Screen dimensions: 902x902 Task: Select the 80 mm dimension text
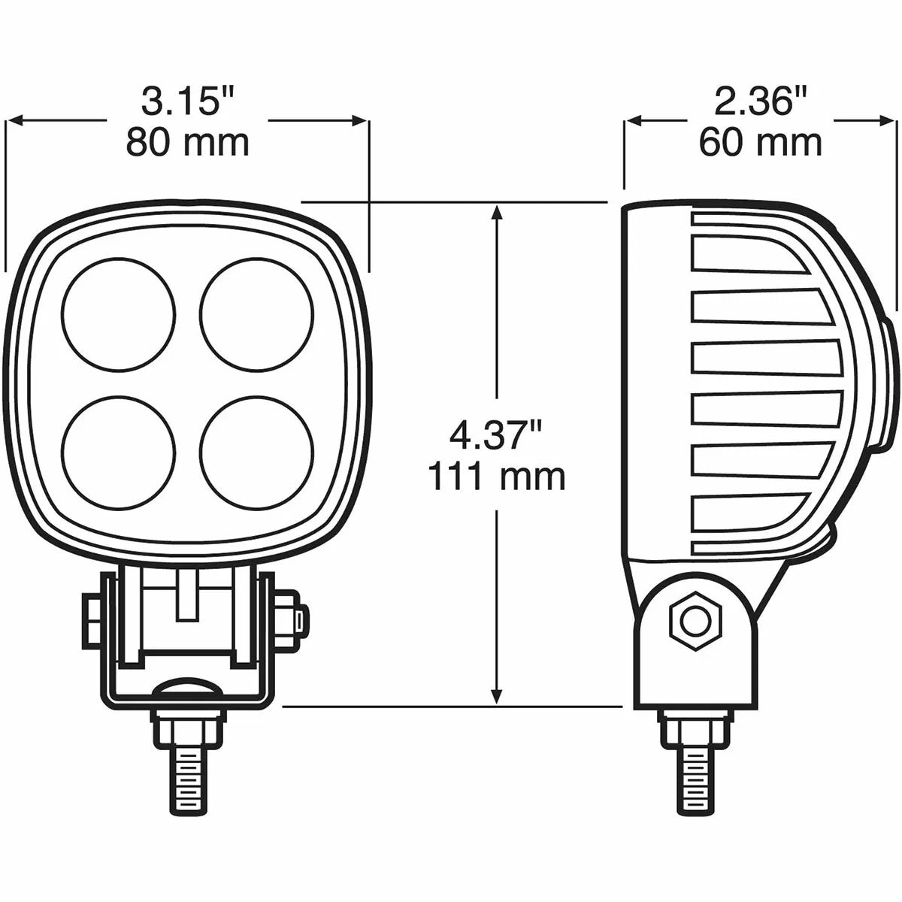click(x=187, y=142)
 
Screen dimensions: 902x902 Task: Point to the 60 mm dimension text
click(x=761, y=142)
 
